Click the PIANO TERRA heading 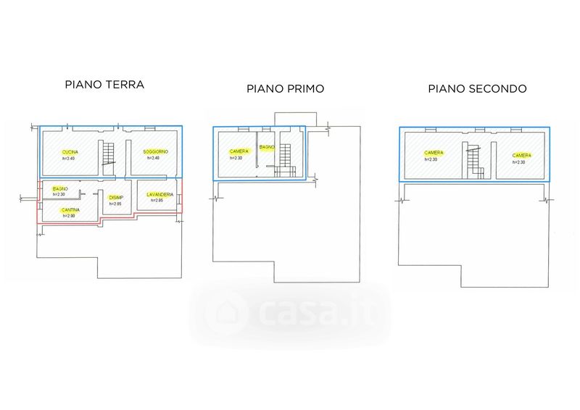[104, 85]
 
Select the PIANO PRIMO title [285, 89]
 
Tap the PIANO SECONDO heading [477, 89]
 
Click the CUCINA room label [70, 151]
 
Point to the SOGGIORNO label [156, 151]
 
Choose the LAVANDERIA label [159, 194]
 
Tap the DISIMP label [115, 198]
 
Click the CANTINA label [70, 209]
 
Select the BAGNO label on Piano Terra [60, 188]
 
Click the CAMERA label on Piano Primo [240, 151]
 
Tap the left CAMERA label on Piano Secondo [434, 153]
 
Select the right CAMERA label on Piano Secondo [521, 155]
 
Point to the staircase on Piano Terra [109, 153]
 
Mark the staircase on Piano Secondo [475, 160]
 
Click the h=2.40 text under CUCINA [70, 158]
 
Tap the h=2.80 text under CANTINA [69, 216]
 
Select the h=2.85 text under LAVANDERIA [157, 200]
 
